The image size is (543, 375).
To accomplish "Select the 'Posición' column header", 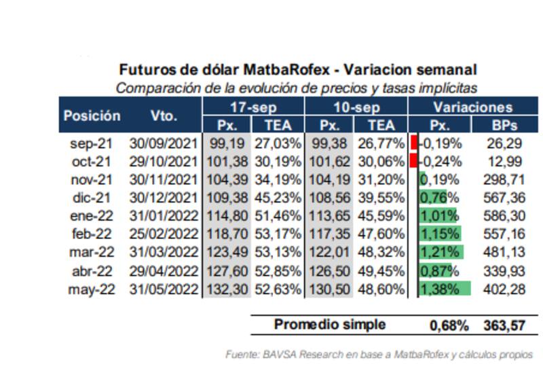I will [92, 115].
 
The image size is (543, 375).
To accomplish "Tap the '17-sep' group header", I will [253, 107].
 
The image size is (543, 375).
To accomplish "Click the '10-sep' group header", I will [356, 107].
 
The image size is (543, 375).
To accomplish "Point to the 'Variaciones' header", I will [472, 107].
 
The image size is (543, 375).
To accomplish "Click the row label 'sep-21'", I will [88, 143].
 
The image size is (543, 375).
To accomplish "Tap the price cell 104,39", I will [227, 180].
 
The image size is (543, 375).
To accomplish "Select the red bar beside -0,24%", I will [413, 162].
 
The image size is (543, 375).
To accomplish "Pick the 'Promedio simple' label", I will [329, 325].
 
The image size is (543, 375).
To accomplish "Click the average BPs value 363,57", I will [504, 325].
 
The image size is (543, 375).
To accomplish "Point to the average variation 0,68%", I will [449, 325].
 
